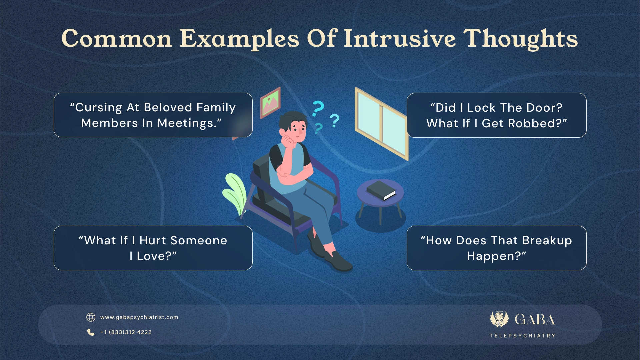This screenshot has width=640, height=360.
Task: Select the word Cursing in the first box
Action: click(x=99, y=108)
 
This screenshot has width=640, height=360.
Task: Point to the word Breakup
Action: click(x=547, y=240)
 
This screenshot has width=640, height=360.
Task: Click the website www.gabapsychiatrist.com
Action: click(x=139, y=317)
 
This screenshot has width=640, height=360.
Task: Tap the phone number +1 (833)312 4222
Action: click(x=126, y=332)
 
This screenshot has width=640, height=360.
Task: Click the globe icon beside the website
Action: click(x=91, y=317)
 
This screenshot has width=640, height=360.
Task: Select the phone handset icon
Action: click(x=91, y=332)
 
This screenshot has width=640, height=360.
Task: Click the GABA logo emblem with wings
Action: click(x=499, y=319)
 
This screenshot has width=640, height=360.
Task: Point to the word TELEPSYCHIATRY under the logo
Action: click(x=522, y=336)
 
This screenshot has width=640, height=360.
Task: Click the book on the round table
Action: click(x=381, y=190)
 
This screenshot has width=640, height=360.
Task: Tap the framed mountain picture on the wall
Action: click(x=270, y=102)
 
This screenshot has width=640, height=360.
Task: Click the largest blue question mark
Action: click(x=318, y=108)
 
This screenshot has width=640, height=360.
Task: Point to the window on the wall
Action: click(x=381, y=123)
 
